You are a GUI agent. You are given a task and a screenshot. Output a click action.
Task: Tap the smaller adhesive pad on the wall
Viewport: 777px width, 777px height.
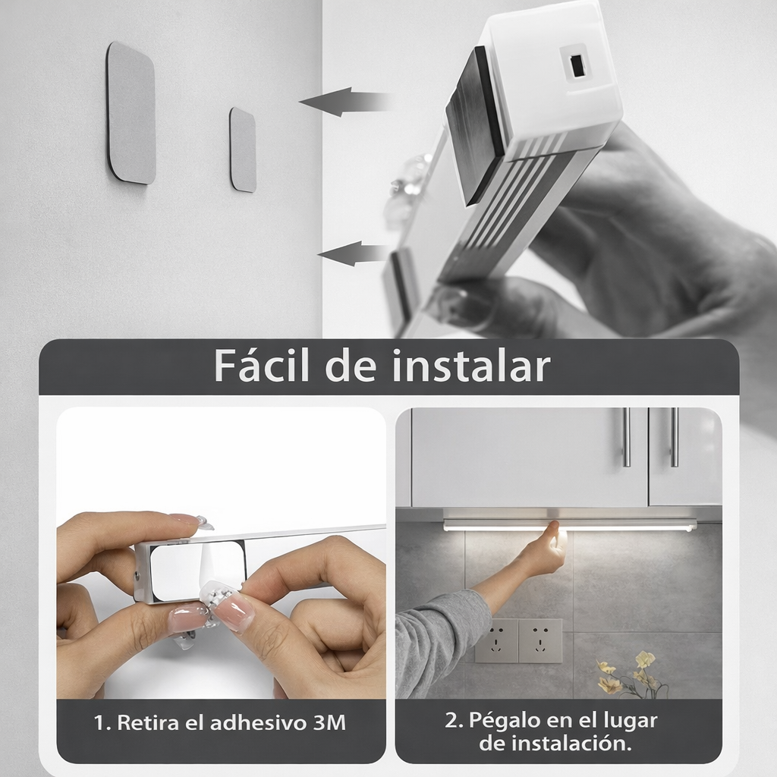pyautogui.click(x=243, y=149)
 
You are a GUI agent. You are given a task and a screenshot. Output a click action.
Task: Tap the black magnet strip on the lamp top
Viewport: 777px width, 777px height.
pyautogui.click(x=473, y=125)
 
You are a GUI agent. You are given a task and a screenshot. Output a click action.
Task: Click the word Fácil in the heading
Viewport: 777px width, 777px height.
pyautogui.click(x=263, y=366)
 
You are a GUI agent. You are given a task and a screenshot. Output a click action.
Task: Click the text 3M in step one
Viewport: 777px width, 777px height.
pyautogui.click(x=329, y=723)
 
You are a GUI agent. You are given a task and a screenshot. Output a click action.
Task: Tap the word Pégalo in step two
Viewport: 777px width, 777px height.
pyautogui.click(x=502, y=719)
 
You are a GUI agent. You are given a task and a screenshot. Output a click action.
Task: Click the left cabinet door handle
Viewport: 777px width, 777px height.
pyautogui.click(x=626, y=437)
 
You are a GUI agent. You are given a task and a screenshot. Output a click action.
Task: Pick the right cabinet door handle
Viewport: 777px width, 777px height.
pyautogui.click(x=674, y=437)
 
